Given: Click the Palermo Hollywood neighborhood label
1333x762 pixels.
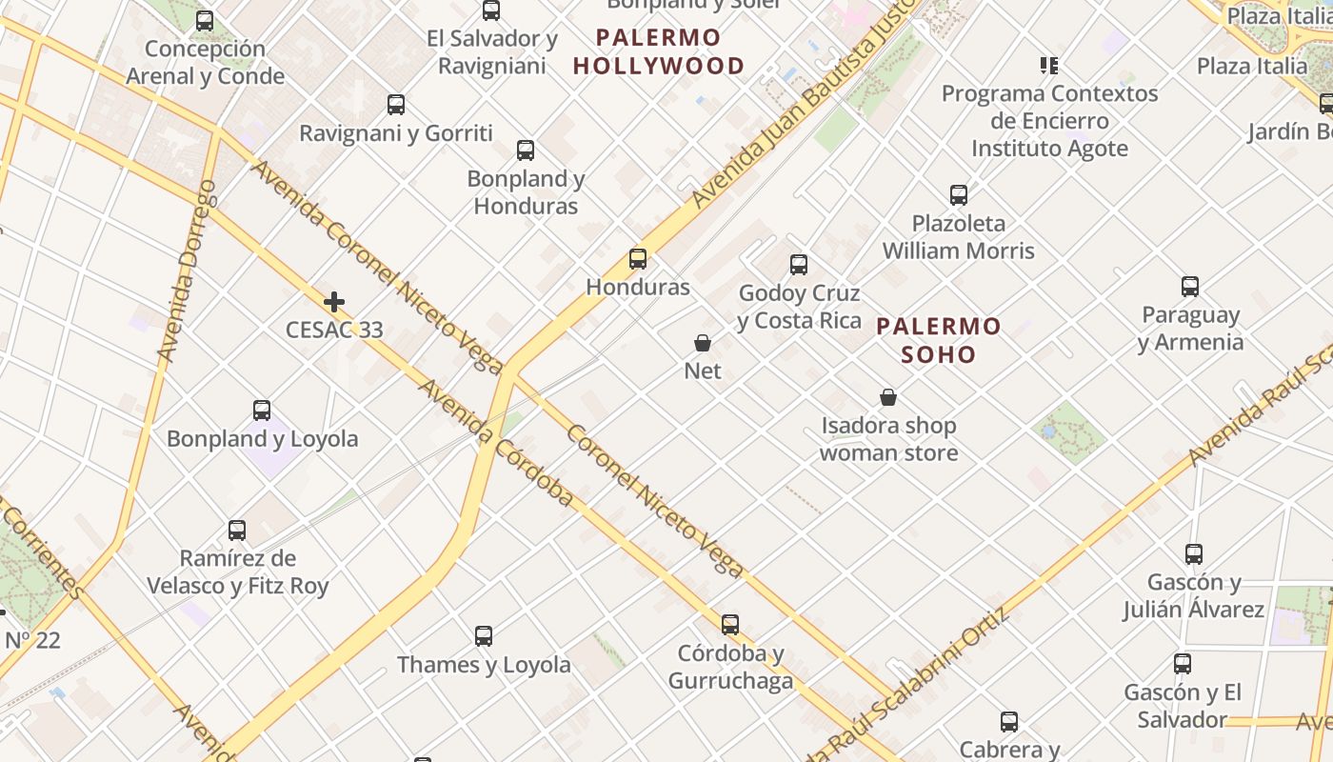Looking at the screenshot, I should [x=671, y=52].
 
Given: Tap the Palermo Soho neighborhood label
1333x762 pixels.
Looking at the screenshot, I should [x=939, y=341].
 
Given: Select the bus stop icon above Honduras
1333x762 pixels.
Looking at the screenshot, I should [x=638, y=258].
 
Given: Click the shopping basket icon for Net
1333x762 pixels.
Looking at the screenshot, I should [x=703, y=343].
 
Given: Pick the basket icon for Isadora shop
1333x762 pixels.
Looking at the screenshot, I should [x=888, y=397].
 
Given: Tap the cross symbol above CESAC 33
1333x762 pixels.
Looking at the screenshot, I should [x=334, y=303].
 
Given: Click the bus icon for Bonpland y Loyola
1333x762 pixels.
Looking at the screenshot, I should [x=262, y=411].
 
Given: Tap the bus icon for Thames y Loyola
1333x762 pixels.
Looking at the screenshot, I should [x=484, y=635].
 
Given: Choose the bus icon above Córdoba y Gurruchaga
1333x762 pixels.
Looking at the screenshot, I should [x=730, y=625].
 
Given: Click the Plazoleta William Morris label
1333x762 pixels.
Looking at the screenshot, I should [x=958, y=237].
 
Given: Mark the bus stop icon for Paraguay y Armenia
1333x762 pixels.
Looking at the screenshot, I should [x=1190, y=287].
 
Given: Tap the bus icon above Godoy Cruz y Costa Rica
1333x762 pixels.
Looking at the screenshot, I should [x=799, y=265].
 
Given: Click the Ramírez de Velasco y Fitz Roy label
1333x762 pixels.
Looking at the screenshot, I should [x=238, y=571].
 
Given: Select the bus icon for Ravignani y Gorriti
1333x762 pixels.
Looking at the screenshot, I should [x=396, y=105].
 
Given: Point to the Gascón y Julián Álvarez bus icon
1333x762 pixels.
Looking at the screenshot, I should [x=1194, y=553].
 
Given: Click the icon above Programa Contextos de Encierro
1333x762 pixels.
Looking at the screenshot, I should [x=1049, y=66].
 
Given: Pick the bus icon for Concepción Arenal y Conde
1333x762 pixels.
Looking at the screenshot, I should [x=205, y=21].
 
